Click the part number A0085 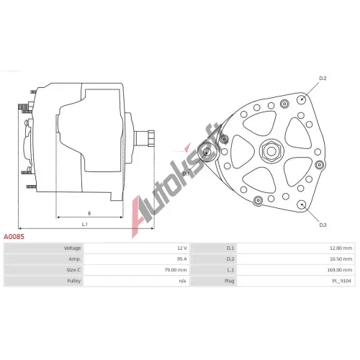point(14,237)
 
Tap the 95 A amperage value point(181,259)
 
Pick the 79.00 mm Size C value point(176,270)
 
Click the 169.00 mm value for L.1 point(340,270)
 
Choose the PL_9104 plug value point(341,281)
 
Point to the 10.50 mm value point(341,259)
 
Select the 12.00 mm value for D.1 point(341,248)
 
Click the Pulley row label point(74,281)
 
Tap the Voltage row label point(72,248)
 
